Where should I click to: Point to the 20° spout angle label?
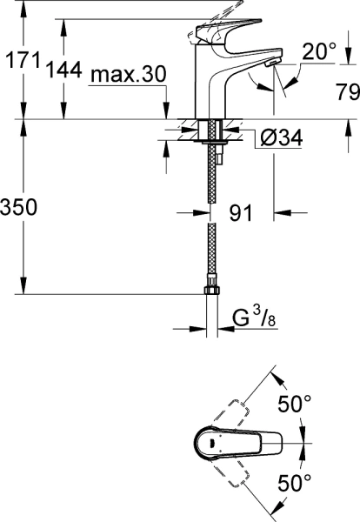pyautogui.click(x=319, y=52)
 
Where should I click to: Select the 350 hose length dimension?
pyautogui.click(x=18, y=208)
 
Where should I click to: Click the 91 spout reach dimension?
pyautogui.click(x=241, y=211)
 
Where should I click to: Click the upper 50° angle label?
pyautogui.click(x=294, y=405)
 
